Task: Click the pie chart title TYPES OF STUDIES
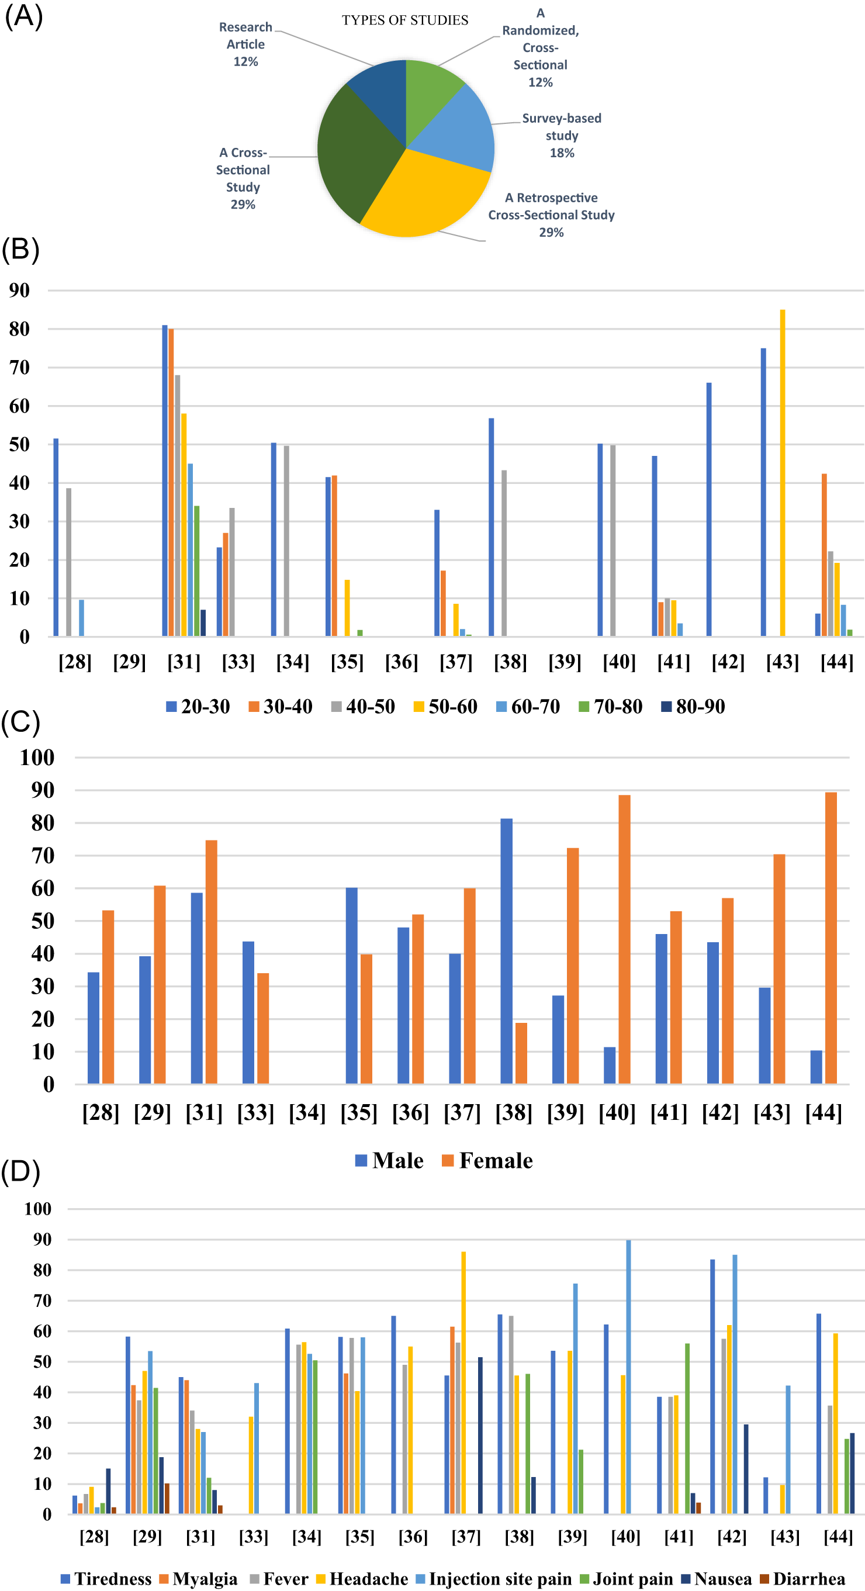click(x=404, y=20)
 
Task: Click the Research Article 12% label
click(x=245, y=44)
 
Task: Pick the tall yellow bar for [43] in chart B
click(x=782, y=472)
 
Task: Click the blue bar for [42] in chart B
click(x=709, y=510)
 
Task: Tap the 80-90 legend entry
click(x=693, y=706)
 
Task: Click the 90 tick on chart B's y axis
click(x=19, y=290)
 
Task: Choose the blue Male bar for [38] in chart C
click(x=506, y=951)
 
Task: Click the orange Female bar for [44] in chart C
click(x=831, y=938)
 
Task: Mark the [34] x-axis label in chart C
click(x=307, y=1113)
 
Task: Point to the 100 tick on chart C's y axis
click(x=37, y=758)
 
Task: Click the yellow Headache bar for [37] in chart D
click(x=463, y=1383)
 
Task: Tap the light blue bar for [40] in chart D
click(x=628, y=1377)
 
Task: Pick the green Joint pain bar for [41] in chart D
click(x=687, y=1429)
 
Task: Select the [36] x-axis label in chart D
click(x=413, y=1536)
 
